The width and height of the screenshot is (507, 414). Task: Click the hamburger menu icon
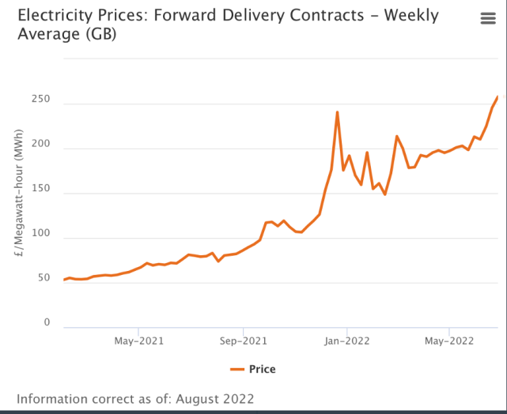pyautogui.click(x=488, y=19)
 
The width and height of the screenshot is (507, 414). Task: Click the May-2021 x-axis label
pyautogui.click(x=138, y=341)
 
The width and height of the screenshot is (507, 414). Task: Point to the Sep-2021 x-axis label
pyautogui.click(x=243, y=341)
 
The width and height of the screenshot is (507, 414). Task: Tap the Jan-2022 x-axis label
pyautogui.click(x=346, y=341)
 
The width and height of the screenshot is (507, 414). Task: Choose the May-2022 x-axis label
pyautogui.click(x=449, y=341)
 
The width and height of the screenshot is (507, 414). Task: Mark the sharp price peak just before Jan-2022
pyautogui.click(x=338, y=112)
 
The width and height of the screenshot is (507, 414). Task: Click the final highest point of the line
pyautogui.click(x=498, y=96)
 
